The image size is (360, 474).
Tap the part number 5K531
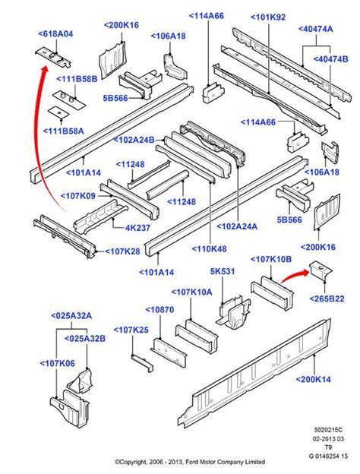pos(222,272)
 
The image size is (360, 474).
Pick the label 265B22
pos(327,299)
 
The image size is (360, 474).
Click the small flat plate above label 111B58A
pos(57,112)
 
